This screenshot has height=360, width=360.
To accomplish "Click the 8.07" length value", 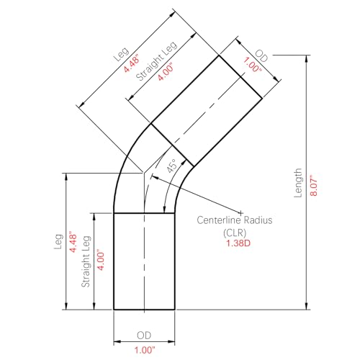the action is tap(314, 185).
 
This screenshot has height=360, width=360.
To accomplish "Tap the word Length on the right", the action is tap(298, 183).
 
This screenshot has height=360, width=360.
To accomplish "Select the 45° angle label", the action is tap(172, 166).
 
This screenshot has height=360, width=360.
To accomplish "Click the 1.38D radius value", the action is tap(238, 243).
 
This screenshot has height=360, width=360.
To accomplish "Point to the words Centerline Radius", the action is tap(235, 220).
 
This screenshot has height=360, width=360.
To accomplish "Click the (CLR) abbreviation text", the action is tap(235, 233).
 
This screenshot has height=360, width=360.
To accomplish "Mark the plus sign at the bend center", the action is tap(240, 212).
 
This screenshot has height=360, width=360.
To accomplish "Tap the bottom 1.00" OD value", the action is tap(145, 350).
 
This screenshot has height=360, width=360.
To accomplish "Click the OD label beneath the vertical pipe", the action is tap(144, 336).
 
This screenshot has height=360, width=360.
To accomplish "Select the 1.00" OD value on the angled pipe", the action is tap(252, 64).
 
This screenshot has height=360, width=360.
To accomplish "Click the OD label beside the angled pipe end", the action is tap(261, 56).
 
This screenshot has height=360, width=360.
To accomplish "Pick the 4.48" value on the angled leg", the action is tap(132, 63).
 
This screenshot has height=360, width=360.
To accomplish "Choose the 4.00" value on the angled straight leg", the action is tap(166, 72).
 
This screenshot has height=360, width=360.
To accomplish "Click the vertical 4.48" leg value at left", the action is tap(73, 242).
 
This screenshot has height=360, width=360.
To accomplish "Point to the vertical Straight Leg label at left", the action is tap(86, 261).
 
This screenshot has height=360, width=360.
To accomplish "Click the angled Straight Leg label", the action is tap(156, 60).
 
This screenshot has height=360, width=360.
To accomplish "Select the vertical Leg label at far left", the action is tap(58, 242).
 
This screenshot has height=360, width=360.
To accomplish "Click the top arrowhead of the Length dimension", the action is tap(306, 59).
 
